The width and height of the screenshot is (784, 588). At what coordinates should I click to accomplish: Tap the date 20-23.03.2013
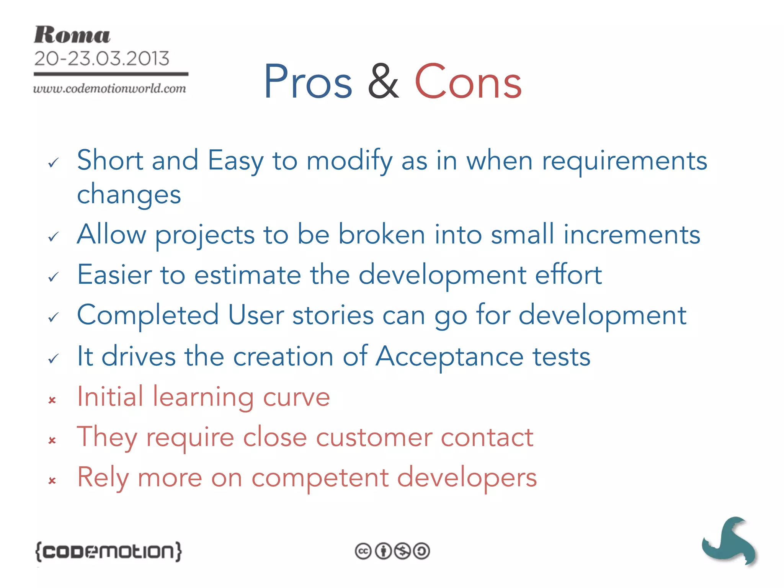pyautogui.click(x=101, y=59)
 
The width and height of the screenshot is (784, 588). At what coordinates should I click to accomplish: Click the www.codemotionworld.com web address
pyautogui.click(x=109, y=88)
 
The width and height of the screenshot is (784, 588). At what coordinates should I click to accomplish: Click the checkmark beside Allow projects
pyautogui.click(x=53, y=237)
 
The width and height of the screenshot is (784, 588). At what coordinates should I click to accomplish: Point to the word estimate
pyautogui.click(x=247, y=275)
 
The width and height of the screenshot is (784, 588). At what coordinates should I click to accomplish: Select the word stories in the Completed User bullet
pyautogui.click(x=333, y=315)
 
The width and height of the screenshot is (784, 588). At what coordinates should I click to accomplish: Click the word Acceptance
pyautogui.click(x=449, y=356)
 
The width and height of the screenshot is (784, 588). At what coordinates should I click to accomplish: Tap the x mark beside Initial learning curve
pyautogui.click(x=52, y=400)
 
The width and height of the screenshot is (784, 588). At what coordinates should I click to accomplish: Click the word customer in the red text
pyautogui.click(x=374, y=437)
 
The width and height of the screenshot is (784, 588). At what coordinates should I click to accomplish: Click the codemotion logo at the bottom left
pyautogui.click(x=108, y=552)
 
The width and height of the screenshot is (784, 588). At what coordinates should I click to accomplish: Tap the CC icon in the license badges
pyautogui.click(x=363, y=551)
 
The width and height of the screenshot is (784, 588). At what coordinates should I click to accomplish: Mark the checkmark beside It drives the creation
pyautogui.click(x=53, y=359)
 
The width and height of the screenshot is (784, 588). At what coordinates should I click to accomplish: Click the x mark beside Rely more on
pyautogui.click(x=52, y=480)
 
